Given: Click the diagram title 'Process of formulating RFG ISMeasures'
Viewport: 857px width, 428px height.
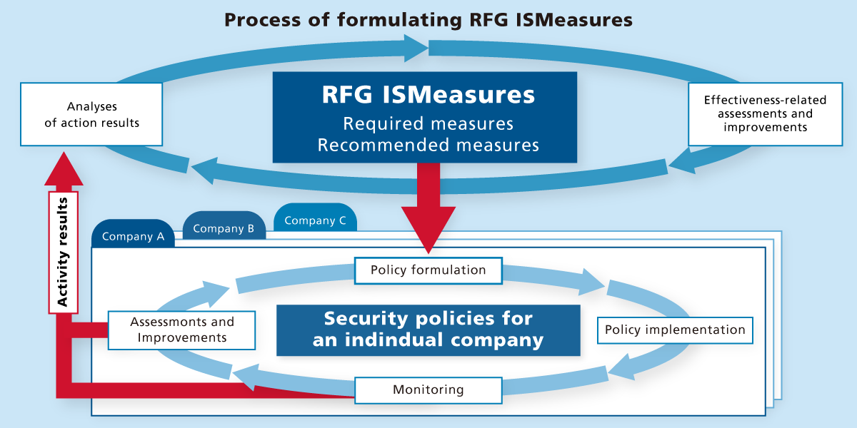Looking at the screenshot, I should tap(428, 19).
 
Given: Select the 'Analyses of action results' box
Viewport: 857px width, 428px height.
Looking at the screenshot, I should tap(91, 114).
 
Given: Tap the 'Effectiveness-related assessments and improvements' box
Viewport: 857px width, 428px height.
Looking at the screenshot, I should tap(765, 114).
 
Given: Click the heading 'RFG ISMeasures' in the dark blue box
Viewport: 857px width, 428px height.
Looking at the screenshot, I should tap(428, 96).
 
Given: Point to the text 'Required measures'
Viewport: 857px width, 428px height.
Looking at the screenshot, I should tap(428, 123).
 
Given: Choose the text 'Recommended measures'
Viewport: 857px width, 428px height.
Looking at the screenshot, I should tap(428, 146).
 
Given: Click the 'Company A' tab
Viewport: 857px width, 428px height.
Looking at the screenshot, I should tap(133, 236).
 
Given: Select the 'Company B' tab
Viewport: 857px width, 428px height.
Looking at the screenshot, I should tap(224, 228).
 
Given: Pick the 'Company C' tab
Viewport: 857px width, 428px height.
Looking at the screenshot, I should tap(315, 220).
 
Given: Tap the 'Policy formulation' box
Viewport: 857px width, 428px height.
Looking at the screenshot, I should tap(428, 270).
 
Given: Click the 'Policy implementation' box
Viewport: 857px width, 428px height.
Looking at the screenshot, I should tap(675, 330).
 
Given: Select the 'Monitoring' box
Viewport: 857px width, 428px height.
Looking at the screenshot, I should tap(428, 389).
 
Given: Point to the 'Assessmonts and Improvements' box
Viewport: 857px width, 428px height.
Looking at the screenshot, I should tap(181, 330).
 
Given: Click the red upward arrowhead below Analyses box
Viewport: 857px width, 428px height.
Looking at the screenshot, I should tap(63, 169).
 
